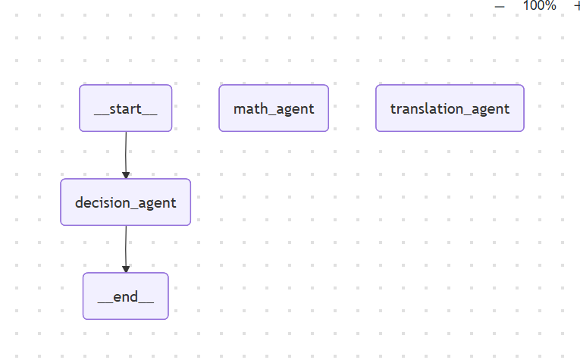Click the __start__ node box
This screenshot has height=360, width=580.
[x=126, y=108]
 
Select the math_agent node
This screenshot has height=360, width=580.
[x=274, y=108]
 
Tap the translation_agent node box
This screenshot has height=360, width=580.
[x=450, y=108]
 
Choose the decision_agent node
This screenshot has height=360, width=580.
[x=126, y=202]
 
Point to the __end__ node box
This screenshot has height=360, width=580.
[x=126, y=296]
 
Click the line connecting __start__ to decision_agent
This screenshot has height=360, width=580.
[x=126, y=155]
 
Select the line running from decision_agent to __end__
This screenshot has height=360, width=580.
[x=126, y=249]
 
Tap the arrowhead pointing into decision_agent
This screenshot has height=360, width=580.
[x=126, y=175]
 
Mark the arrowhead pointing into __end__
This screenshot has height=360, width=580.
[x=126, y=269]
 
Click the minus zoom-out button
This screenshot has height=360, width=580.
[x=500, y=6]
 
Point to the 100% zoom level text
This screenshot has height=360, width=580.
[x=539, y=5]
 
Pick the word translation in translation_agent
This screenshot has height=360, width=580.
[x=427, y=108]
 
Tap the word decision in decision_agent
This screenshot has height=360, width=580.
[x=102, y=202]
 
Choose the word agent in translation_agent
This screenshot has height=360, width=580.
[x=491, y=109]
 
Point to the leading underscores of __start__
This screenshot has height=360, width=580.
[x=102, y=114]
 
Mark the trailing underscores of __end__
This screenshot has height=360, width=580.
[x=146, y=302]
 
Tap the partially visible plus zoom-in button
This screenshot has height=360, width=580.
[x=577, y=6]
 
